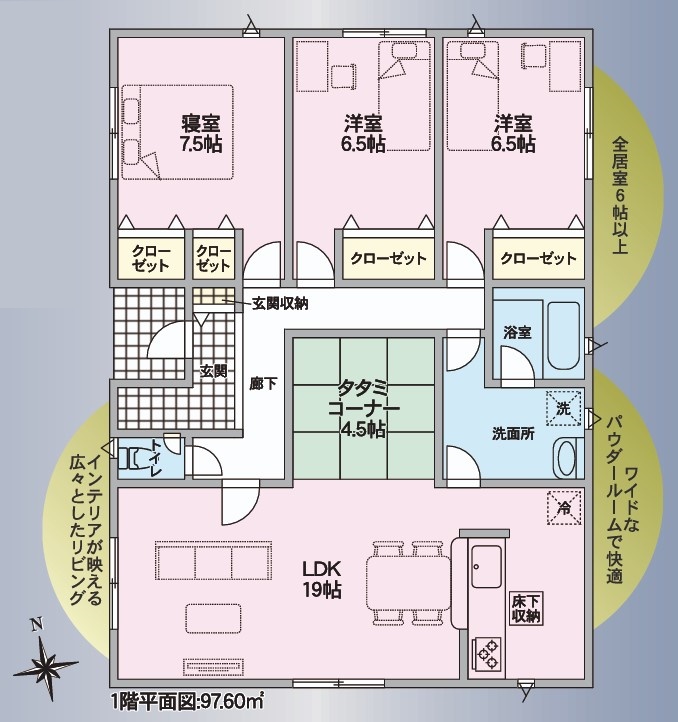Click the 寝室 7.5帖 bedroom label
click(x=201, y=133)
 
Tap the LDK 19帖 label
click(x=321, y=579)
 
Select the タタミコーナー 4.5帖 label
click(x=363, y=408)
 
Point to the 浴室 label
click(x=517, y=332)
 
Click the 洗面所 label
click(x=513, y=434)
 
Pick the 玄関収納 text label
click(x=280, y=303)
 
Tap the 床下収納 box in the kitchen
click(x=526, y=608)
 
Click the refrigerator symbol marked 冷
click(x=564, y=507)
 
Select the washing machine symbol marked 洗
click(x=563, y=408)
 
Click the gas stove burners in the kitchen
click(x=487, y=654)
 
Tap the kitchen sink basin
click(x=486, y=567)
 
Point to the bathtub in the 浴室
click(x=563, y=336)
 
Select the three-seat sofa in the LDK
click(x=213, y=560)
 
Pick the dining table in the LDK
click(x=409, y=583)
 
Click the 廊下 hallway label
click(x=263, y=384)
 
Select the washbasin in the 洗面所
click(x=567, y=458)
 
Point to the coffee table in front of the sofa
click(x=213, y=618)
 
